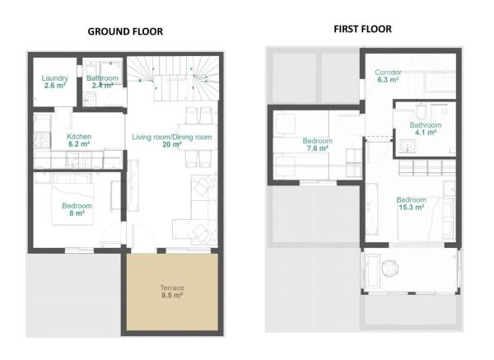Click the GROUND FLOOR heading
[x=125, y=31]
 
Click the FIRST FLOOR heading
[x=362, y=29]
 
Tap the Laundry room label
[x=54, y=78]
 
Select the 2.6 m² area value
[x=54, y=86]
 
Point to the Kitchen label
[x=79, y=137]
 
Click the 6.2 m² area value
[x=79, y=144]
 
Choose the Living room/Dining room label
[x=172, y=137]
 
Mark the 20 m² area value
[x=172, y=144]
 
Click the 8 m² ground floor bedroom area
[x=77, y=213]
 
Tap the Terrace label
[x=171, y=288]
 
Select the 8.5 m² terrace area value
[x=171, y=295]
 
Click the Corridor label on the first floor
[x=388, y=72]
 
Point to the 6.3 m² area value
[x=388, y=81]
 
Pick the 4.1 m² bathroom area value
[x=426, y=133]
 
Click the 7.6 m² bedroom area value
[x=317, y=149]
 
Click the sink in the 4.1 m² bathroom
[x=409, y=147]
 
